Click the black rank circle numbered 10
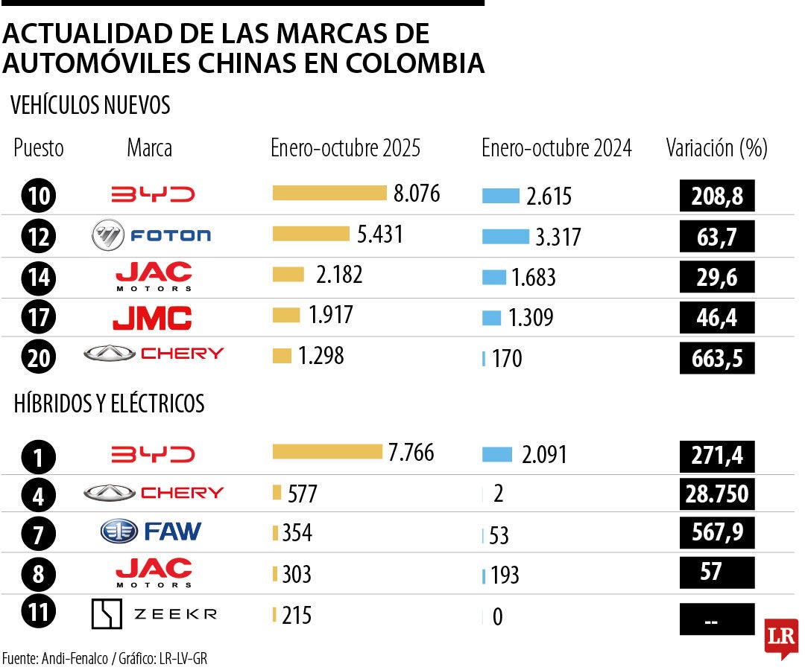pos(39,196)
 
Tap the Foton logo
pos(151,236)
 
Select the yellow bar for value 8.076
pos(329,194)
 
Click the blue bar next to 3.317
pos(505,237)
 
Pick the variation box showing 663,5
pos(717,358)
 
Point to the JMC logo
pos(152,318)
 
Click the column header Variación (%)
pos(716,148)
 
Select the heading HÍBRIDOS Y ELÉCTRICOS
pos(109,404)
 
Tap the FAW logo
pos(151,531)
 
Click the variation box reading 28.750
pos(717,494)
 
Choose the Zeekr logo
pos(154,614)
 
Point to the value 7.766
pos(411,453)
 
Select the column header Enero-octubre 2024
pos(556,148)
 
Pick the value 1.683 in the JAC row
pos(533,278)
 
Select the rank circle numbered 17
pos(39,318)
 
